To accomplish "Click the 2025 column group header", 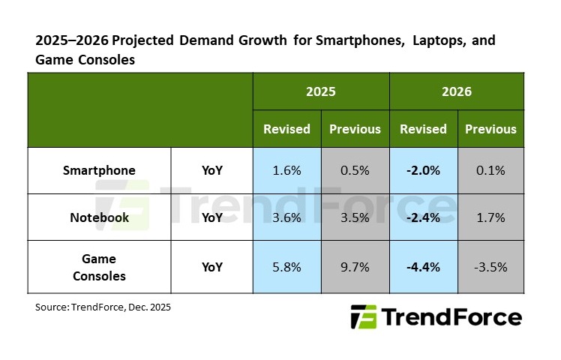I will (320, 91).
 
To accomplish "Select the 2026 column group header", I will (457, 91).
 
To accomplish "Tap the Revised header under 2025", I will (286, 129).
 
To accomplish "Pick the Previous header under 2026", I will (490, 129).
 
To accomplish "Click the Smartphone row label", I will (100, 170).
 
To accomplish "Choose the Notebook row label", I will (100, 217).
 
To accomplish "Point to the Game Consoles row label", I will (100, 266).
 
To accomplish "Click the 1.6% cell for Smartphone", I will (286, 170).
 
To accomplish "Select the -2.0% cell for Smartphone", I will (423, 170).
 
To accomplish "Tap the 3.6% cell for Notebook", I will (286, 217).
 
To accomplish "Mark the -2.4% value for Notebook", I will (423, 217).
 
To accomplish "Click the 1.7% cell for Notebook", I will (490, 217).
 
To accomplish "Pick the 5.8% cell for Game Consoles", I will (286, 266).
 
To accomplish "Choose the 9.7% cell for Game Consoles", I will (355, 266).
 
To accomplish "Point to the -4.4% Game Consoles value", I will (423, 266).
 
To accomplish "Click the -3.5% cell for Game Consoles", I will (490, 266).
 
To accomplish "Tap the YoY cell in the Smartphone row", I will (212, 170).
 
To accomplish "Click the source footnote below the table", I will (103, 307).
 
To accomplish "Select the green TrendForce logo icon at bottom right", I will (365, 317).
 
